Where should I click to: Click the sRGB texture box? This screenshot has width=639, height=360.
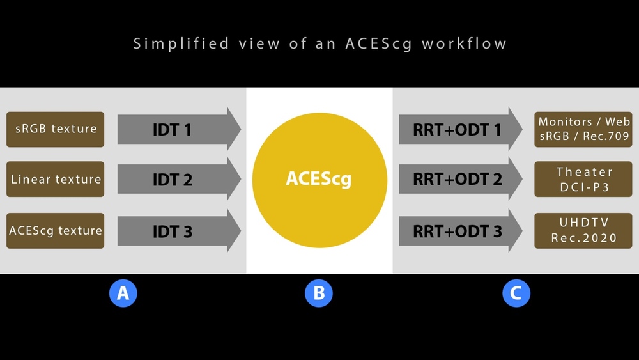click(x=56, y=129)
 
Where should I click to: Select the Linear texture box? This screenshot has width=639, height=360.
click(x=56, y=179)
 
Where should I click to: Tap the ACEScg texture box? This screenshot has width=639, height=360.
click(x=56, y=231)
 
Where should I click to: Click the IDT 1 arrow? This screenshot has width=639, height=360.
click(x=180, y=129)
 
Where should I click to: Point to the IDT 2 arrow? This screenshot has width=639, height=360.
click(x=180, y=179)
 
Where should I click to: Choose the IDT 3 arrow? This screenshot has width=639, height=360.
click(x=180, y=231)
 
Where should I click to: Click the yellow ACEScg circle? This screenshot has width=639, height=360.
click(x=319, y=180)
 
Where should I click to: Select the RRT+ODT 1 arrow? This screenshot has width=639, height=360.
click(x=461, y=129)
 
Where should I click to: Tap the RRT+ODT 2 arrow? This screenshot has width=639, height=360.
click(x=461, y=179)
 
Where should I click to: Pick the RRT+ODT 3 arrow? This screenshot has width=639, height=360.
click(x=461, y=231)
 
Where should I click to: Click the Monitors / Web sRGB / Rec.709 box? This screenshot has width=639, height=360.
click(x=583, y=129)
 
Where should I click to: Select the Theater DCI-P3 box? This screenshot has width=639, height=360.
click(x=583, y=179)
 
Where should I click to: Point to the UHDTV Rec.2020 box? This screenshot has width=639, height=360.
click(x=583, y=231)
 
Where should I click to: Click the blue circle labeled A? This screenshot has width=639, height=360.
click(x=123, y=293)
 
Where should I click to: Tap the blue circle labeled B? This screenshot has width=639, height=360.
click(x=319, y=293)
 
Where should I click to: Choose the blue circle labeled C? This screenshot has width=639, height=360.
click(x=516, y=293)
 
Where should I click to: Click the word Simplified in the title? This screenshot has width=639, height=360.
click(x=181, y=43)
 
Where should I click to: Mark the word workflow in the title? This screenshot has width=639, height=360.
click(x=464, y=43)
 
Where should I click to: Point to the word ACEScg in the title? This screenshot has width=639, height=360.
click(x=378, y=44)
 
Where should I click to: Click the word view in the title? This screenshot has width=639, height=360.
click(x=259, y=43)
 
